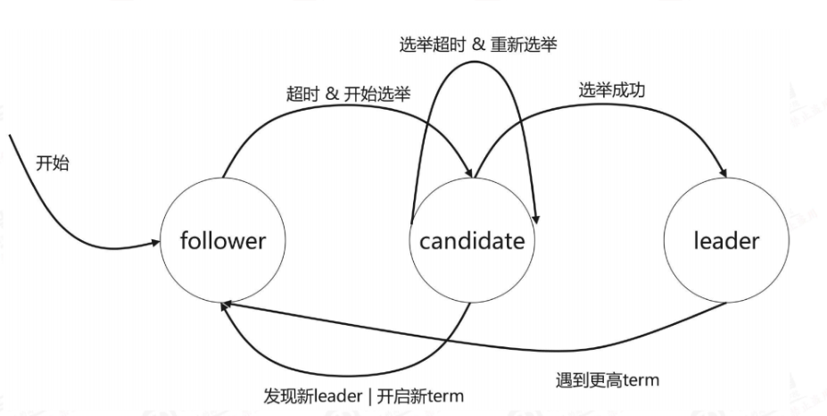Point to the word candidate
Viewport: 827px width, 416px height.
[472, 241]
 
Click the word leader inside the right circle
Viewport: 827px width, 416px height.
[725, 241]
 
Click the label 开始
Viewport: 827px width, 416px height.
[53, 163]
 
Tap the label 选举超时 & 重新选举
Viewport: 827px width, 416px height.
[478, 42]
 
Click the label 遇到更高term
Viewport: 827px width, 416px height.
[607, 380]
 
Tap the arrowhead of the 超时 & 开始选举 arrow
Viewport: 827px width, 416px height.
[470, 172]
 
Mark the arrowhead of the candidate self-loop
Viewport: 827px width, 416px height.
[534, 217]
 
